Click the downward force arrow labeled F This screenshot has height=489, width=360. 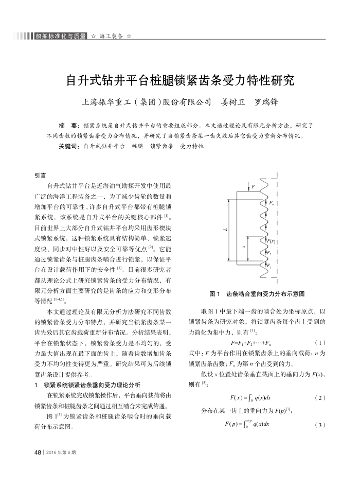249,188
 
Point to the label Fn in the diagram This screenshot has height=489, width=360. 271,204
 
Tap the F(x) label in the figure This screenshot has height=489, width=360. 271,241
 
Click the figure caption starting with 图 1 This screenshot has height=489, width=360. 257,294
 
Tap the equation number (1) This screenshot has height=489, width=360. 319,342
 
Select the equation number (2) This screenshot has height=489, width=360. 319,398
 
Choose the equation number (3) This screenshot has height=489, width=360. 319,425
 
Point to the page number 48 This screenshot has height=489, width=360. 37,452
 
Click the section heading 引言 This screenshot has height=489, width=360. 40,176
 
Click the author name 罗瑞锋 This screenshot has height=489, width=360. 267,102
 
